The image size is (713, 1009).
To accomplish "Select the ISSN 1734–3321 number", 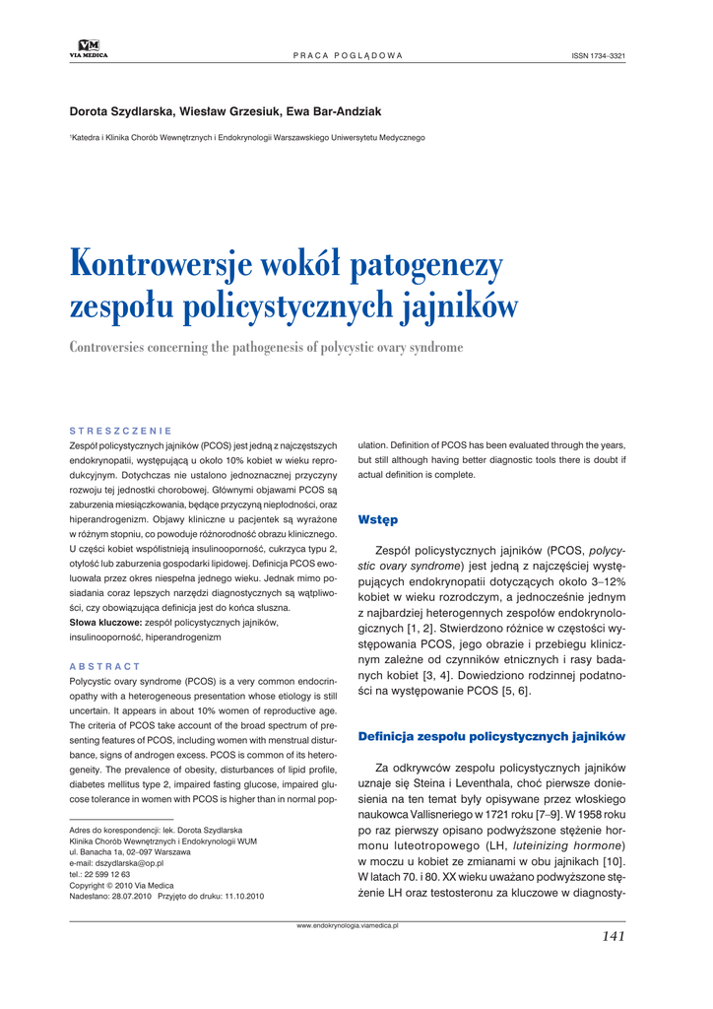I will tap(598, 55).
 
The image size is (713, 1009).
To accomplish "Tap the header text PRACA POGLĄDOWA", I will tap(348, 55).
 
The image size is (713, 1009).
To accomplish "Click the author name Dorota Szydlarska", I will tap(122, 112).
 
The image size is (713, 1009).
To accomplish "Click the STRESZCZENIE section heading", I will tap(121, 432).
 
